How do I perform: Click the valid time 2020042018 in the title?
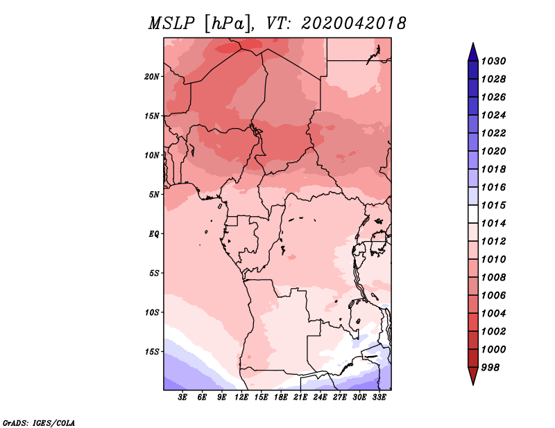click(x=353, y=24)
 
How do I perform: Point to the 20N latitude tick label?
click(x=153, y=76)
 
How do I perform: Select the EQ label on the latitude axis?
click(x=154, y=233)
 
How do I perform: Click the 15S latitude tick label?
click(x=153, y=351)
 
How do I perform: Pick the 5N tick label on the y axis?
click(x=155, y=194)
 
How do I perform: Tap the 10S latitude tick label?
click(x=153, y=312)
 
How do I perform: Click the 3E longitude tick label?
click(x=183, y=398)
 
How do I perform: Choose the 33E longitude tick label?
click(x=379, y=398)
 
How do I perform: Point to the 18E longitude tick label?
click(x=281, y=398)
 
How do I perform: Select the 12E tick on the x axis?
click(x=241, y=398)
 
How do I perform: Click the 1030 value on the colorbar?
click(x=495, y=61)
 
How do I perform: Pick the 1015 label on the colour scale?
click(x=495, y=205)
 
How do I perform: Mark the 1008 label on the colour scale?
click(x=495, y=277)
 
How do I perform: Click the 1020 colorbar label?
click(x=495, y=151)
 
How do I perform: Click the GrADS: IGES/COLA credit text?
click(x=39, y=421)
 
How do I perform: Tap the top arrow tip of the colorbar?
click(x=472, y=44)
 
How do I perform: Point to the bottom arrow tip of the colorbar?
click(x=472, y=384)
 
